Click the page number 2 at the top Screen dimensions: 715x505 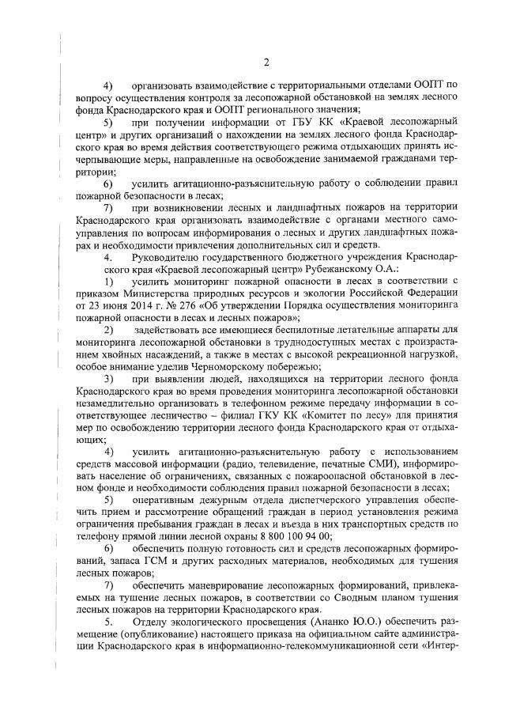(x=267, y=62)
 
